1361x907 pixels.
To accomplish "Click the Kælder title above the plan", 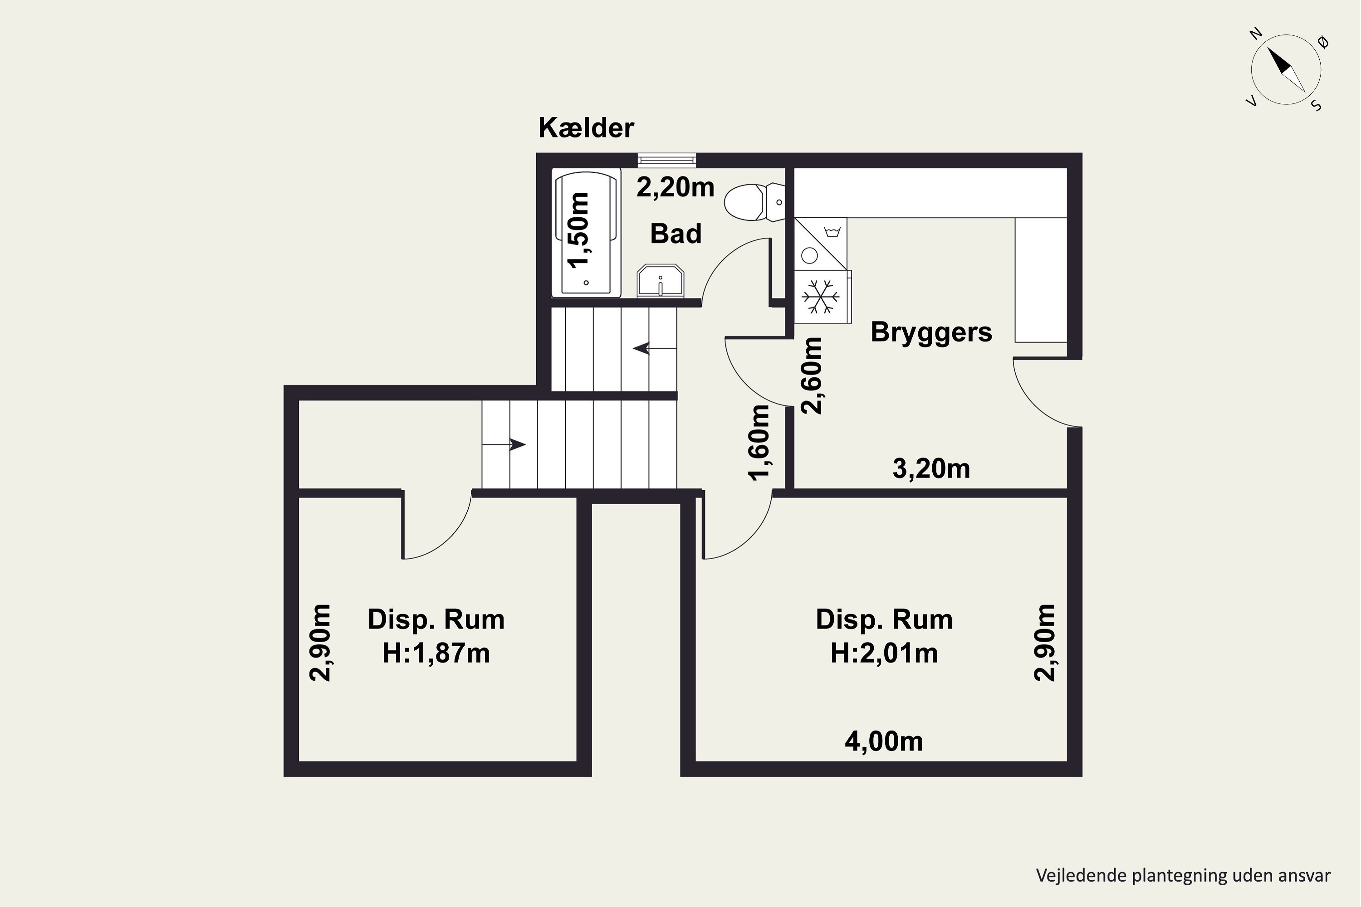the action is click(x=586, y=128).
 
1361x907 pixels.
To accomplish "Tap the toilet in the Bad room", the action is click(x=754, y=202).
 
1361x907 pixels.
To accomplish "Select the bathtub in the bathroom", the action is click(x=586, y=233).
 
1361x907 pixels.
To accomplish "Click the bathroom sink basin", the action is click(x=660, y=281).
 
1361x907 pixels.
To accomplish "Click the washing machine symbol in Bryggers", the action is click(x=821, y=244).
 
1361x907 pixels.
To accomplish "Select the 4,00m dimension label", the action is click(x=884, y=741).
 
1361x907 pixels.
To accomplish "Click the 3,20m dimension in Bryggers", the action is click(x=931, y=468).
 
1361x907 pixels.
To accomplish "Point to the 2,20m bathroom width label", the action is click(x=676, y=187).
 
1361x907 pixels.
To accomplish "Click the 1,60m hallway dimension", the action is click(x=759, y=443).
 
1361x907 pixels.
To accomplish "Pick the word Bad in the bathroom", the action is click(x=676, y=234).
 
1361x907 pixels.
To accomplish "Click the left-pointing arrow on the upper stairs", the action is click(x=655, y=349).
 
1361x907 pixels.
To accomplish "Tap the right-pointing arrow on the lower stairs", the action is click(x=504, y=444).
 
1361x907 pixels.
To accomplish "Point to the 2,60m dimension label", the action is click(x=811, y=375).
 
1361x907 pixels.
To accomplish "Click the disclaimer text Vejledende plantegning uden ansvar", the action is click(x=1183, y=875).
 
